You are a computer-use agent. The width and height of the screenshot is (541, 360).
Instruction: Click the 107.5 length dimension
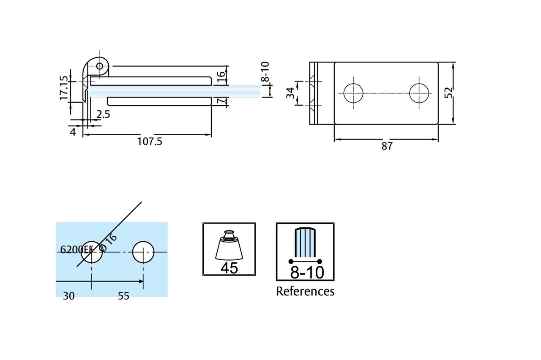coord(150,142)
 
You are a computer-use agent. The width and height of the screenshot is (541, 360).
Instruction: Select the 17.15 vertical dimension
coord(64,88)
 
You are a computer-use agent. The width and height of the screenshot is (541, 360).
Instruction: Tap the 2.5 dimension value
coord(103,115)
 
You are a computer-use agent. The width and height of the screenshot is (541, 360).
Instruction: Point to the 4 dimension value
coord(73,132)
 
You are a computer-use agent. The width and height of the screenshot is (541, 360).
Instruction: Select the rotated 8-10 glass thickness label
coord(265,72)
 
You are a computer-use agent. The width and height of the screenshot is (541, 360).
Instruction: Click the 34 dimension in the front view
coord(290,93)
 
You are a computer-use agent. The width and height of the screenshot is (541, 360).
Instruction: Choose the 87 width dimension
coord(387,146)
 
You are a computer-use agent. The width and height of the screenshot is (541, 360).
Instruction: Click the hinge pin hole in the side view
coord(100,66)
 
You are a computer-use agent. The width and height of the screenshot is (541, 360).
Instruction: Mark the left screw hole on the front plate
coord(353,93)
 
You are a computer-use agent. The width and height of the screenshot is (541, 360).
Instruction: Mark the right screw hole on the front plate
coord(420,93)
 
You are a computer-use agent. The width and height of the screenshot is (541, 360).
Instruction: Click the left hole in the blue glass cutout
coord(92,252)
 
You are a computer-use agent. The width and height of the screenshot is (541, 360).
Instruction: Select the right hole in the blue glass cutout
coord(143,252)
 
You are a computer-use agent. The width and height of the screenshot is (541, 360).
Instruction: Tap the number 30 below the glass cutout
coord(69,296)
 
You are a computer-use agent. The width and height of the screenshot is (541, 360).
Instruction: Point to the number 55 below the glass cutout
coord(123,296)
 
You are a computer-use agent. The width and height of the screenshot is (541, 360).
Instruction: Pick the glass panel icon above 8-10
coord(305,243)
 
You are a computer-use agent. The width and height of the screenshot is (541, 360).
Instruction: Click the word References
coord(305,292)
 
